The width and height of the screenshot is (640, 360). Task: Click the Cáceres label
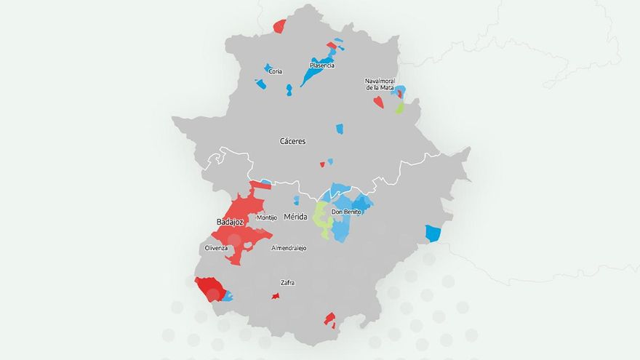coord(293,141)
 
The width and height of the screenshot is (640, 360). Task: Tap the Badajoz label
coord(230,221)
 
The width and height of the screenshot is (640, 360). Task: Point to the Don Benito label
coord(346,212)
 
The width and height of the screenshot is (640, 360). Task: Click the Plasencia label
coord(321,65)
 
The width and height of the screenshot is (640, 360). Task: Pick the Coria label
coord(275,71)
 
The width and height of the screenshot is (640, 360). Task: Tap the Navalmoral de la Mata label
coord(379,84)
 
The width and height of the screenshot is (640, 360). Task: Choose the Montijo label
coord(267,217)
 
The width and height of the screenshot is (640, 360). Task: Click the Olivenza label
coord(216,248)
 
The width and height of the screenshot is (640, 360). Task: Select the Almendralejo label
coord(289,248)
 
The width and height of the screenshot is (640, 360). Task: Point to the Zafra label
coord(288,282)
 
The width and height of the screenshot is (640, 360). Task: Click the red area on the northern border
coord(279,26)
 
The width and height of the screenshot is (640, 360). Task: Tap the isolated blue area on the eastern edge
coord(433,233)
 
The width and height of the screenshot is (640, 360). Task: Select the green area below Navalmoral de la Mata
coord(399,107)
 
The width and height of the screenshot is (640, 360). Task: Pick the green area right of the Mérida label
coord(320,220)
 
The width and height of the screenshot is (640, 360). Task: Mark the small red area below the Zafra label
coord(276,296)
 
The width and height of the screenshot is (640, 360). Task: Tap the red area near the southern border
coord(329,319)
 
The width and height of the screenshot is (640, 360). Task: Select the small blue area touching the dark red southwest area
coord(228,296)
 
